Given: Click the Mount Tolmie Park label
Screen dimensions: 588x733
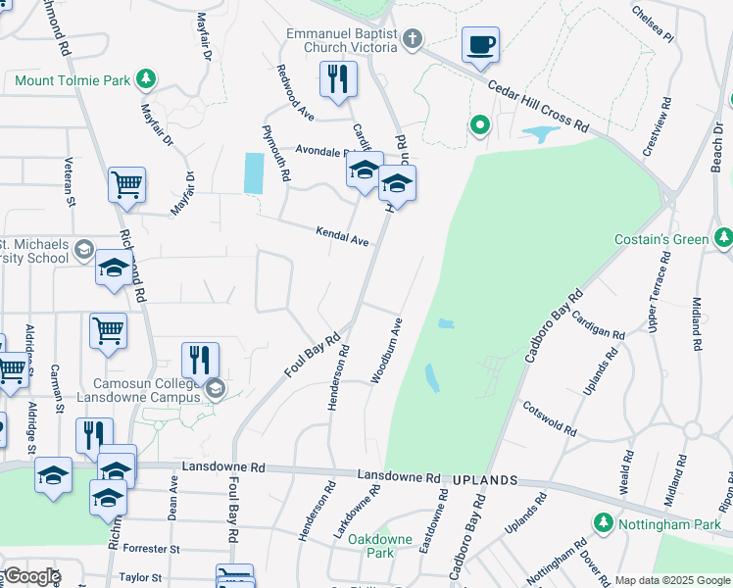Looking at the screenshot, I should [x=73, y=78].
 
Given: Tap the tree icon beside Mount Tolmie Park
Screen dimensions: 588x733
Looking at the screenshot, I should [x=146, y=77].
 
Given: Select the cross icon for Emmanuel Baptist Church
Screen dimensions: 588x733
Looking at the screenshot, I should [x=413, y=40].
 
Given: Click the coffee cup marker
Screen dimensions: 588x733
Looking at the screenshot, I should [x=480, y=45].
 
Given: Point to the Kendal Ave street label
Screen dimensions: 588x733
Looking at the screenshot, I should [x=341, y=235].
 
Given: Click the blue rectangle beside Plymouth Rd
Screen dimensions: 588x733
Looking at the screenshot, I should [x=253, y=173].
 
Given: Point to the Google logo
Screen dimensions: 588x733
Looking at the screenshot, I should [x=31, y=576].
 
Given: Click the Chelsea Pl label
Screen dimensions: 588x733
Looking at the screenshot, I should [x=653, y=23].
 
